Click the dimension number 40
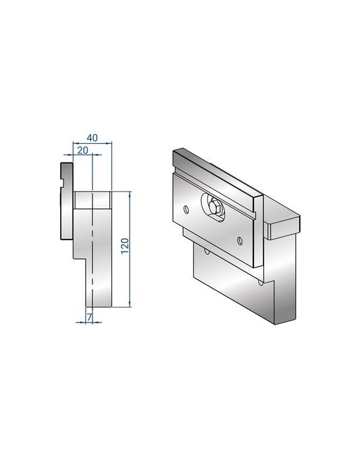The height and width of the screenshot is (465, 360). (x=92, y=138)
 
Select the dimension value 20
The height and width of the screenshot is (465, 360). (x=83, y=150)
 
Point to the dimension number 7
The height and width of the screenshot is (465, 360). (x=88, y=316)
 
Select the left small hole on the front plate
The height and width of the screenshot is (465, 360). (x=186, y=209)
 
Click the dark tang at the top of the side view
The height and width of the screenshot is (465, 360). (x=66, y=169)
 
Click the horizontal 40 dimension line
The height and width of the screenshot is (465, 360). (x=92, y=143)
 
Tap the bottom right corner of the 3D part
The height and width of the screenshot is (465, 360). (x=296, y=319)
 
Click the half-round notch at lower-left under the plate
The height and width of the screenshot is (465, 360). (x=206, y=251)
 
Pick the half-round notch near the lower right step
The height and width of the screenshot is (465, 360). (x=260, y=283)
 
